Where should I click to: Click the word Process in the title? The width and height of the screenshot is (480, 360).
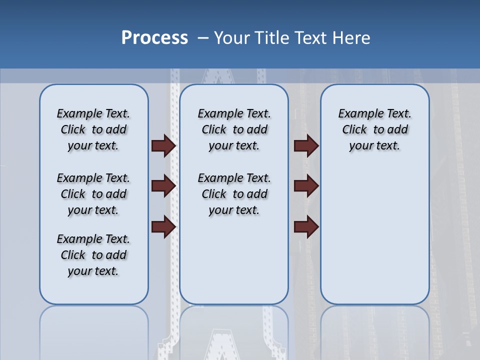click(154, 38)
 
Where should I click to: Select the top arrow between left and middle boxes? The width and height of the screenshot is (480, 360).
click(163, 145)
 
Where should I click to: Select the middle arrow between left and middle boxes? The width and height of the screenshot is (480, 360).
click(163, 186)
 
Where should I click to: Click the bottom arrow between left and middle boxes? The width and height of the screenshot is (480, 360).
click(163, 227)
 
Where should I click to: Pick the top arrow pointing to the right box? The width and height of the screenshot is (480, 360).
click(306, 145)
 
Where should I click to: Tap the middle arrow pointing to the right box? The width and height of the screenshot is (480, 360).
click(306, 186)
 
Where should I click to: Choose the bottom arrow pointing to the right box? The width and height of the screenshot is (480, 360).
click(306, 227)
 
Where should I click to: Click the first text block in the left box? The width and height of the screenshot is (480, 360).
click(93, 129)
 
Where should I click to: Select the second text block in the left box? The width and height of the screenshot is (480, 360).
click(93, 194)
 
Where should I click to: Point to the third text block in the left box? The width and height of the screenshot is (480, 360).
click(93, 255)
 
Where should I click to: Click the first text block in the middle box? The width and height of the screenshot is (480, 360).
click(234, 129)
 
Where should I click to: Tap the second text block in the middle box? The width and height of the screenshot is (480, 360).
click(234, 194)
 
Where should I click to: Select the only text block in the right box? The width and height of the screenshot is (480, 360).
click(374, 129)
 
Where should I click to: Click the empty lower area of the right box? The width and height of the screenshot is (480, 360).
click(374, 240)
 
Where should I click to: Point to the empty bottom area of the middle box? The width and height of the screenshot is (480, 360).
click(234, 265)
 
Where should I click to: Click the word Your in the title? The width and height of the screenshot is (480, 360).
click(232, 38)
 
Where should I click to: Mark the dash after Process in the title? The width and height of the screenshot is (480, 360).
click(203, 38)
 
